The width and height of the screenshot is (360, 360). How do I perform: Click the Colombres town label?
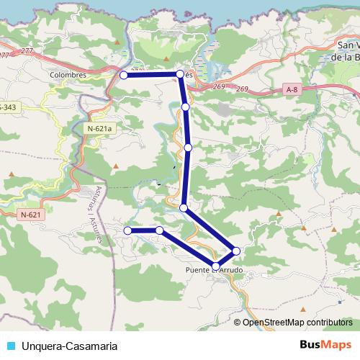[x=70, y=74]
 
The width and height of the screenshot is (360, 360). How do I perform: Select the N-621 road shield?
[x=32, y=215]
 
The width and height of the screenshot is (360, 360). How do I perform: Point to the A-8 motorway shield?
[x=291, y=89]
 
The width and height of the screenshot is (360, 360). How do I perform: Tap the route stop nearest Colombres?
[x=124, y=75]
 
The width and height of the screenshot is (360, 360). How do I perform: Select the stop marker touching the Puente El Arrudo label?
[x=216, y=266]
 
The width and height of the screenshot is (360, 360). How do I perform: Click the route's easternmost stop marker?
[x=236, y=250]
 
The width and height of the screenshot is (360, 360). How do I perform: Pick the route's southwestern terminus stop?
[x=127, y=230]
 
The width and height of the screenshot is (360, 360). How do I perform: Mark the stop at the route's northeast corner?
[x=180, y=73]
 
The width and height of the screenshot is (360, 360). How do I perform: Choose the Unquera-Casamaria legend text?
[x=70, y=346]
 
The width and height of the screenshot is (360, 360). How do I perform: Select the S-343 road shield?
[x=9, y=107]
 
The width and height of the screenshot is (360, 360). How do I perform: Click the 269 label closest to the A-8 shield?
[x=241, y=89]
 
